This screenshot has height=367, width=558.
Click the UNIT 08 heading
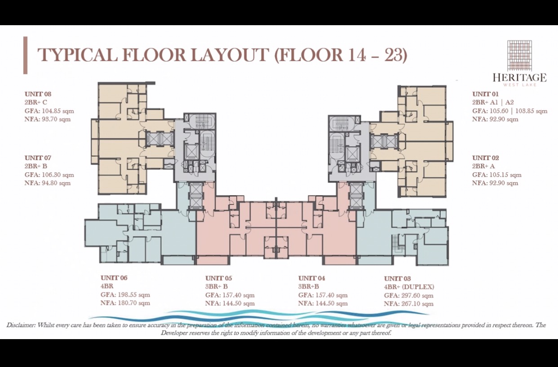pyautogui.click(x=38, y=94)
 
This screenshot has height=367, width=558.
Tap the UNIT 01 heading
pyautogui.click(x=485, y=94)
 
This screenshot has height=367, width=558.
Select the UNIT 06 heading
pyautogui.click(x=114, y=278)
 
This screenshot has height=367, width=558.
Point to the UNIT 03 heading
pyautogui.click(x=397, y=278)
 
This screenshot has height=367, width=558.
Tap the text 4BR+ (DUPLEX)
pyautogui.click(x=409, y=287)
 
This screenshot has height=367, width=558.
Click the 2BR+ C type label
pyautogui.click(x=35, y=102)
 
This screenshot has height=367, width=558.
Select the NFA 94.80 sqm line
pyautogui.click(x=48, y=183)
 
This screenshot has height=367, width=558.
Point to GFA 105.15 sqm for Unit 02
pyautogui.click(x=497, y=175)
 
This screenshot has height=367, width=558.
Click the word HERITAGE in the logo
pyautogui.click(x=520, y=77)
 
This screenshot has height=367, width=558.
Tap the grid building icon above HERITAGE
pyautogui.click(x=520, y=55)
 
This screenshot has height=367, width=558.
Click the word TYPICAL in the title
pyautogui.click(x=77, y=55)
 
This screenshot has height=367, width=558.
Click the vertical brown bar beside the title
pyautogui.click(x=26, y=55)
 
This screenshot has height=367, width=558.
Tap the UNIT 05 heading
pyautogui.click(x=218, y=278)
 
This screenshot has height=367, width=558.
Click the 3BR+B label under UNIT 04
pyautogui.click(x=309, y=286)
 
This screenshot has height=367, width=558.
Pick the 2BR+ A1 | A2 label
pyautogui.click(x=493, y=102)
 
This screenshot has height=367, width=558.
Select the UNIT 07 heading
pyautogui.click(x=38, y=158)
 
